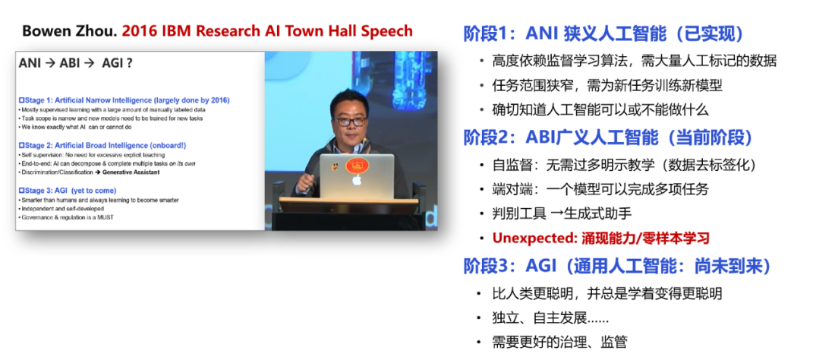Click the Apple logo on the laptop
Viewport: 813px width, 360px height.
356,180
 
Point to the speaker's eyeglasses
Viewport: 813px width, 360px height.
351,121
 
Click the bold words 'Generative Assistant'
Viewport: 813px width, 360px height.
131,172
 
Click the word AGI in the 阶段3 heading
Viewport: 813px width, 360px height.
542,266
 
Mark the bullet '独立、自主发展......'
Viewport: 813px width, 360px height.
550,317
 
